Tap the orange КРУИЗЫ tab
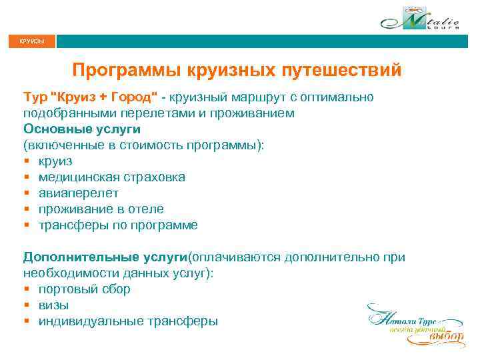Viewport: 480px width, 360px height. point(32,42)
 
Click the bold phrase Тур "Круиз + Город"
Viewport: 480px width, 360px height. point(91,97)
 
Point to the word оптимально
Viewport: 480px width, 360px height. point(339,97)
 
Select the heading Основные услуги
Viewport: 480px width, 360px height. point(82,129)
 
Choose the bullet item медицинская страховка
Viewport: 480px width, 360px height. point(112,177)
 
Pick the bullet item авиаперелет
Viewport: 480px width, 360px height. point(79,193)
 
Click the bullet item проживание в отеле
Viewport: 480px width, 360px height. point(101,209)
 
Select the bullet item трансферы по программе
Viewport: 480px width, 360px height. point(118,225)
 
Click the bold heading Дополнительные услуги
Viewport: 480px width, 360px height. point(106,257)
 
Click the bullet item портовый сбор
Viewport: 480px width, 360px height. point(84,289)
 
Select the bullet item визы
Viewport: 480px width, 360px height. point(53,305)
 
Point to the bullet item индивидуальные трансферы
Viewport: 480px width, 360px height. point(127,321)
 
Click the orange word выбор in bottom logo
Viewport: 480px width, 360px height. point(445,337)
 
